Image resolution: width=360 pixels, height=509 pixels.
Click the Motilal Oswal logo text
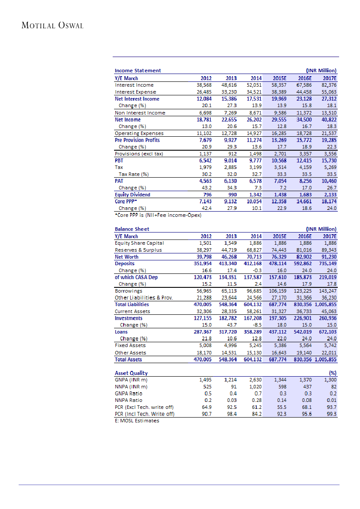(x=52, y=25)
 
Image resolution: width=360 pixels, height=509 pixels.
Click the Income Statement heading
(x=138, y=71)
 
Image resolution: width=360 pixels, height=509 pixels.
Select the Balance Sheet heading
(x=132, y=229)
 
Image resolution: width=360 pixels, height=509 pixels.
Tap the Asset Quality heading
(x=131, y=373)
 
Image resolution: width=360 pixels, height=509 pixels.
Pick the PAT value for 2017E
(x=328, y=181)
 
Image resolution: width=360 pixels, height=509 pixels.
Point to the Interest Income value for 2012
(x=204, y=85)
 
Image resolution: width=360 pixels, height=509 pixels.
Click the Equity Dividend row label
(x=132, y=195)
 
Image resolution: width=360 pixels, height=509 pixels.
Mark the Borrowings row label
(x=128, y=291)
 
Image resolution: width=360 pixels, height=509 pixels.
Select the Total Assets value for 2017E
(x=325, y=360)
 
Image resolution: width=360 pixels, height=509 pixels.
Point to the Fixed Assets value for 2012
(x=205, y=345)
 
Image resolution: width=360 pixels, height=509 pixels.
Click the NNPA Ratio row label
(x=128, y=400)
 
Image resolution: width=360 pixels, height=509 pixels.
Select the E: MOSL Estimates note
(x=137, y=421)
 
